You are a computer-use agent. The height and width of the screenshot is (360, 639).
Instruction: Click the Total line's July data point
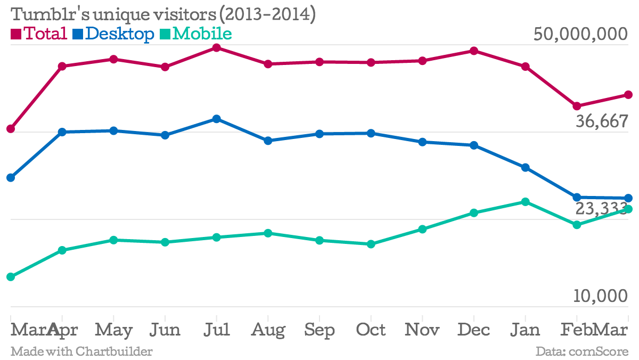[x=217, y=48]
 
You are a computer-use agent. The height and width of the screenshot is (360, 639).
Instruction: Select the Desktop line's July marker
[x=217, y=119]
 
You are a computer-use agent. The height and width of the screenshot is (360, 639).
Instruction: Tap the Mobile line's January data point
[x=526, y=202]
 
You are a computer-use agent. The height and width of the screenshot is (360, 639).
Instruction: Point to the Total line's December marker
[x=474, y=51]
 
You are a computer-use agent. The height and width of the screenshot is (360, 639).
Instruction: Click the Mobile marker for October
[x=371, y=244]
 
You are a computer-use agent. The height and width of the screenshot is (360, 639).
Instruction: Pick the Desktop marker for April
[x=62, y=132]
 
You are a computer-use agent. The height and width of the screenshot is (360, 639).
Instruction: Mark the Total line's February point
[x=577, y=106]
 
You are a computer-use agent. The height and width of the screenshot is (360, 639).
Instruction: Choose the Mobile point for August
[x=268, y=233]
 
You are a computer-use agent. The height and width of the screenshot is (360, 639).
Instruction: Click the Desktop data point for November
[x=422, y=142]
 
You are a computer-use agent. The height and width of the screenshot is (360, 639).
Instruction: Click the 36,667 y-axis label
[x=602, y=122]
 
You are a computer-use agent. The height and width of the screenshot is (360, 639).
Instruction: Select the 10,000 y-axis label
[x=601, y=296]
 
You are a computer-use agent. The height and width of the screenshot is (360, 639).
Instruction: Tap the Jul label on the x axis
[x=217, y=330]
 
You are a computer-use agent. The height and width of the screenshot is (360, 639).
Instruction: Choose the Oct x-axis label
[x=371, y=330]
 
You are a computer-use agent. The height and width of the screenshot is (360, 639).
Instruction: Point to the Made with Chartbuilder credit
[x=81, y=351]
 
